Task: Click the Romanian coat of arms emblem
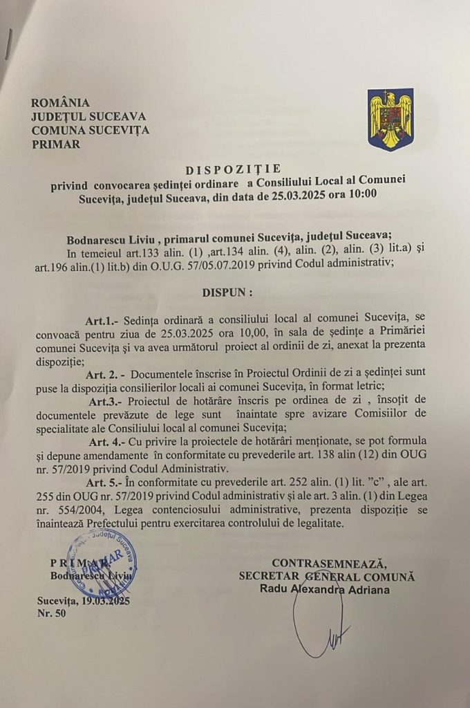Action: pos(391,119)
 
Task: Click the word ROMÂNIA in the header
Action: pos(61,103)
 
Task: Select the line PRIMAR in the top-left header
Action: pos(56,145)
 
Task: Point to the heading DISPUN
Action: pos(227,292)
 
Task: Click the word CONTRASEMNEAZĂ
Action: pos(328,563)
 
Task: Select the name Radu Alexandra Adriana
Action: pos(324,590)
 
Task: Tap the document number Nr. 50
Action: pos(53,614)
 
